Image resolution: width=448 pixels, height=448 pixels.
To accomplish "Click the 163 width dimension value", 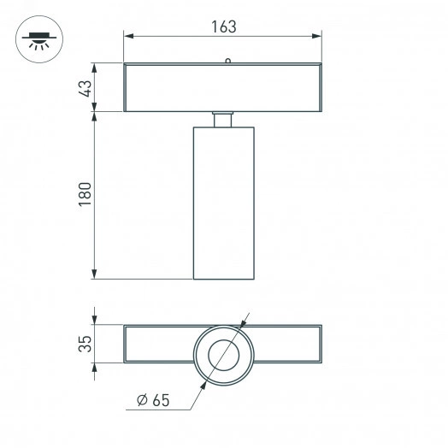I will click(223, 26).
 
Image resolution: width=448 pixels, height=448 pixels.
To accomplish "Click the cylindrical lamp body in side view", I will click(222, 203).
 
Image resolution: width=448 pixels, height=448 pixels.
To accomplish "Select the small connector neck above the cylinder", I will click(222, 119).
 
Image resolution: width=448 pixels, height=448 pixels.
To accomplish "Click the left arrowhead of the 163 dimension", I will click(127, 36).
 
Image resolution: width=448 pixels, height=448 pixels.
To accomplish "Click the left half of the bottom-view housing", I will click(158, 344).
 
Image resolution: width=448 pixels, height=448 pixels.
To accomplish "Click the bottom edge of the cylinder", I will click(222, 279).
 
